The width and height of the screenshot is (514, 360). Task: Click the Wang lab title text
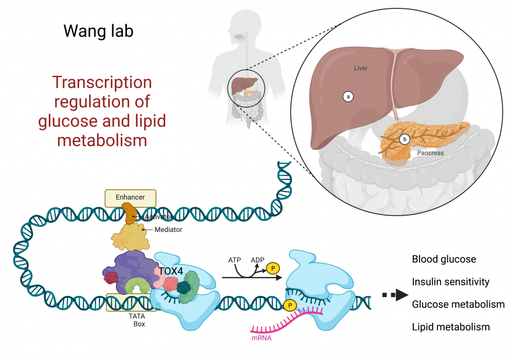[x=98, y=31]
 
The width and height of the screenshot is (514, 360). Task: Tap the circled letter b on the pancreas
[x=404, y=140]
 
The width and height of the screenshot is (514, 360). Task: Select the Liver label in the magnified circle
[x=360, y=68]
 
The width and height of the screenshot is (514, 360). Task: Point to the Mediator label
[x=169, y=229]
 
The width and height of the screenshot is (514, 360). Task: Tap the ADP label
[x=258, y=260]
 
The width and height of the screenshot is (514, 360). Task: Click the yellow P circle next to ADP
[x=273, y=268]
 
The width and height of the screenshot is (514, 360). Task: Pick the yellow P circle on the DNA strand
[x=288, y=304]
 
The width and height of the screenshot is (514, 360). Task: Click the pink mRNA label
[x=261, y=338]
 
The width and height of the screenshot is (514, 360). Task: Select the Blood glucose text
[x=444, y=259]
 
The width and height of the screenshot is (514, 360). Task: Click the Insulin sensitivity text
[x=451, y=282]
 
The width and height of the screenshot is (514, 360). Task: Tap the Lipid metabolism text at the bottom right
[x=451, y=327]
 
